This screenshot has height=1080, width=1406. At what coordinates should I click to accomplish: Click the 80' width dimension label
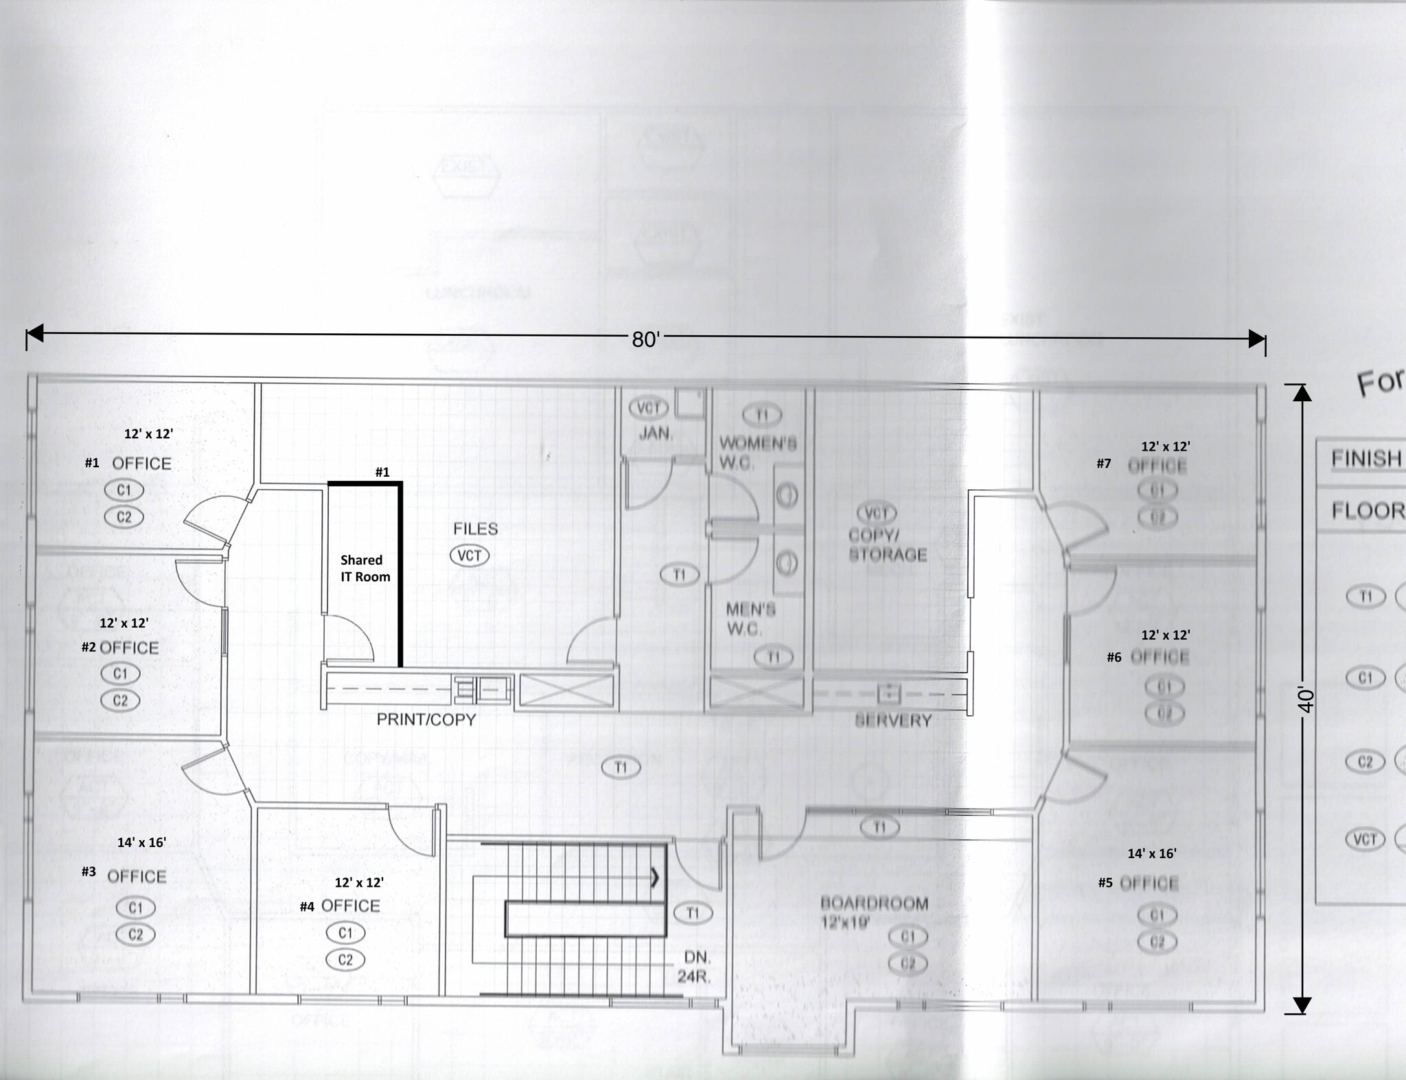coord(645,339)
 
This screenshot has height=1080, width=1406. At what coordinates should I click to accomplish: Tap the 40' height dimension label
coord(1306,699)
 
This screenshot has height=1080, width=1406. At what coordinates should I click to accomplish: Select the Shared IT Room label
coord(365,569)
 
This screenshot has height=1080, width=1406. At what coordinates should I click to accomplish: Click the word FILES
coord(475,529)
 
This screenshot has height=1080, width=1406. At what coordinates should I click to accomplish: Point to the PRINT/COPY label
coord(426,719)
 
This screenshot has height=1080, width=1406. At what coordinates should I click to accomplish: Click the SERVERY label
coord(893,721)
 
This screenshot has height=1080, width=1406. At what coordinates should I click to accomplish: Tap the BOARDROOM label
coord(874,903)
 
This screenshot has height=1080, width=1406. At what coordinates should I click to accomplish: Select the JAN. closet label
coord(656,434)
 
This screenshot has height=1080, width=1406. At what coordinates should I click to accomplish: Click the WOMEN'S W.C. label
coord(757,453)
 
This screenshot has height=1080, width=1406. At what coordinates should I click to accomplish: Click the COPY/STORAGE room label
coord(887,545)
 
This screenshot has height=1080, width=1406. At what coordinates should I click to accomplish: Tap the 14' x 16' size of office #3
coord(141,842)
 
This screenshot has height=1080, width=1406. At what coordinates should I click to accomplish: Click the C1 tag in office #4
coord(345,933)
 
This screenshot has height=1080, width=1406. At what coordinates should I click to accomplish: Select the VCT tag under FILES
coord(470,556)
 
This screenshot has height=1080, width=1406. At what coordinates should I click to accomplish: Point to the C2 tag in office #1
coord(124,517)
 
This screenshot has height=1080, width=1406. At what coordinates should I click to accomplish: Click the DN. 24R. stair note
coord(695,967)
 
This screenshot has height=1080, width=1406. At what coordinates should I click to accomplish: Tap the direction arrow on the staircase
coord(655,877)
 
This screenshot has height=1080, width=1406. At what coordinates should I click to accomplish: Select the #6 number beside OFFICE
coord(1114,657)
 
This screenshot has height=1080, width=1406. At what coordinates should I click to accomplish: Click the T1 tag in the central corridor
coord(621,767)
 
